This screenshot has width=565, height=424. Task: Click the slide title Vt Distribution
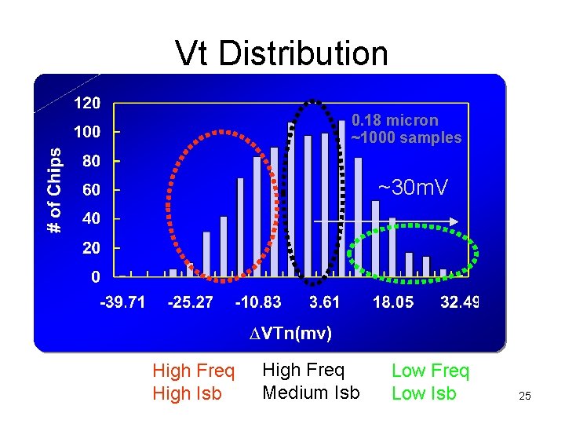282,53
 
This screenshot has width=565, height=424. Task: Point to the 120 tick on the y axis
86,103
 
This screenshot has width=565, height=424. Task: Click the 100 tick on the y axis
86,132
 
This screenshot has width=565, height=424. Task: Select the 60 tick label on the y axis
91,190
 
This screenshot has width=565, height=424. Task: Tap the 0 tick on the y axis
95,276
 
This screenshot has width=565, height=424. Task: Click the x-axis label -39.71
122,303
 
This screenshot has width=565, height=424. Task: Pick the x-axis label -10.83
258,303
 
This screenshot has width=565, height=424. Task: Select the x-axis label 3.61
324,303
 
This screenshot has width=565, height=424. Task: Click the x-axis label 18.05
393,303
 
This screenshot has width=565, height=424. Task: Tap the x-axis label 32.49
460,303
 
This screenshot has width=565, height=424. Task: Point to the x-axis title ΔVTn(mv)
290,334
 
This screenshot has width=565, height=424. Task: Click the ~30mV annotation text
413,188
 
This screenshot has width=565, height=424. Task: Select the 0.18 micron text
395,120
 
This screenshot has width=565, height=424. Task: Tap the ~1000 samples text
406,138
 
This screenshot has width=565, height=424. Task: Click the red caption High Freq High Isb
193,382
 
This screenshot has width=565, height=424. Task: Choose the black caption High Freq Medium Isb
311,380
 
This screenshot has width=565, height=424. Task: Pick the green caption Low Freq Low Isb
430,382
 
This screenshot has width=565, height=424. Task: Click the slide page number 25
525,397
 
